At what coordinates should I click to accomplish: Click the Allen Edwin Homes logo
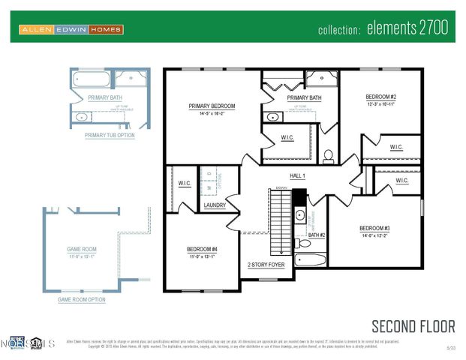[x=71, y=29]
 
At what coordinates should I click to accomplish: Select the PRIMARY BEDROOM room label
[x=212, y=106]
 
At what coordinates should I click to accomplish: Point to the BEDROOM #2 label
[x=380, y=97]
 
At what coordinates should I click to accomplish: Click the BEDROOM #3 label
[x=374, y=228]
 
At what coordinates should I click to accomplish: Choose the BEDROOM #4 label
[x=201, y=249]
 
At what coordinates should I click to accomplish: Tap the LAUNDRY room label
[x=215, y=205]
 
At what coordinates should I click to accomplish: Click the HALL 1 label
[x=298, y=175]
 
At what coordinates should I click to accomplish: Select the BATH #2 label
[x=317, y=235]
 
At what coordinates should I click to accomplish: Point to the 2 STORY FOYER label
[x=266, y=265]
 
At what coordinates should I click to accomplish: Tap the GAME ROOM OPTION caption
[x=82, y=299]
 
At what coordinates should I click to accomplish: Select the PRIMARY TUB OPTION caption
[x=110, y=135]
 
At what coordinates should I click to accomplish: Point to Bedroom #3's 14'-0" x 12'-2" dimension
[x=374, y=236]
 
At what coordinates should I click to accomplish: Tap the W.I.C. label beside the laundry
[x=185, y=183]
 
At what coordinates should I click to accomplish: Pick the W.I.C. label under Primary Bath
[x=287, y=136]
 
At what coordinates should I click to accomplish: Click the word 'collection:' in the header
[x=340, y=30]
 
